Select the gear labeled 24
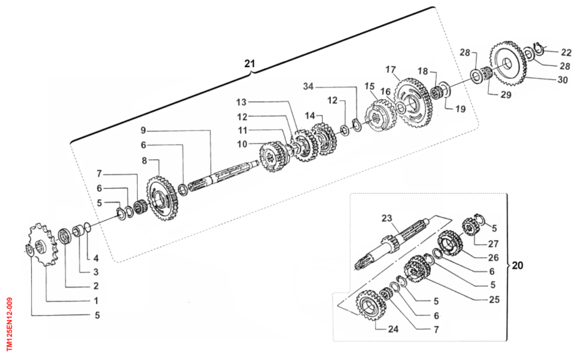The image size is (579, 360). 371,306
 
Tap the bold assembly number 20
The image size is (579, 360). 517,265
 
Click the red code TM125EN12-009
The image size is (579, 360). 9,324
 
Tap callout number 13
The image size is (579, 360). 242,102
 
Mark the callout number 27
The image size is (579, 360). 493,244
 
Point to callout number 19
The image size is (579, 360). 460,109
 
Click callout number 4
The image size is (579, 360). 96,258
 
